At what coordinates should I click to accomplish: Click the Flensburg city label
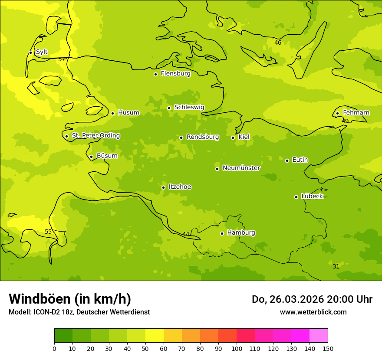pyautogui.click(x=175, y=74)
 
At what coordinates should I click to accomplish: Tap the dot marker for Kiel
pyautogui.click(x=233, y=137)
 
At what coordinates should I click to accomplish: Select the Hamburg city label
pyautogui.click(x=241, y=233)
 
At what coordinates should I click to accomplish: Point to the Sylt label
pyautogui.click(x=42, y=52)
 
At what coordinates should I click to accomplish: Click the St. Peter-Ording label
pyautogui.click(x=95, y=136)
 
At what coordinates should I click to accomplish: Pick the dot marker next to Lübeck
pyautogui.click(x=296, y=197)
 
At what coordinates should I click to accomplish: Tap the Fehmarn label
pyautogui.click(x=356, y=113)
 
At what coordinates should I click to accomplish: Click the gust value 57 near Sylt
pyautogui.click(x=62, y=59)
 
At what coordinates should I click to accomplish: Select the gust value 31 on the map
pyautogui.click(x=336, y=266)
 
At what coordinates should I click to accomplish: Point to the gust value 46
pyautogui.click(x=278, y=43)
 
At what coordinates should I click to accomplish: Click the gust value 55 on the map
pyautogui.click(x=48, y=232)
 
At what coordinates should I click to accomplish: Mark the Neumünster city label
pyautogui.click(x=241, y=168)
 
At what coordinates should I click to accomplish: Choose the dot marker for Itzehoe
pyautogui.click(x=163, y=187)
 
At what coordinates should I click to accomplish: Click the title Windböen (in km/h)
pyautogui.click(x=70, y=299)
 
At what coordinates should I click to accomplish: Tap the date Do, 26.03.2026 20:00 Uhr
pyautogui.click(x=312, y=299)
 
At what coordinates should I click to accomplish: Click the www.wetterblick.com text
pyautogui.click(x=313, y=312)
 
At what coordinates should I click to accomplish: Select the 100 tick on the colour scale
pyautogui.click(x=237, y=349)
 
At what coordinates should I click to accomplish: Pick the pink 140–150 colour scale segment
pyautogui.click(x=319, y=336)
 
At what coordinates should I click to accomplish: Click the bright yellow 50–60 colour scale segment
pyautogui.click(x=155, y=336)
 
